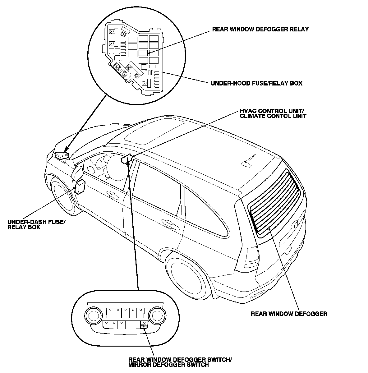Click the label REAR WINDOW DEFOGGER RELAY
(x=260, y=30)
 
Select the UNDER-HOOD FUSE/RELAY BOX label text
(x=256, y=83)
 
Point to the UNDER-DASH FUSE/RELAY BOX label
(x=36, y=224)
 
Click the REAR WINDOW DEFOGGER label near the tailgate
(x=289, y=314)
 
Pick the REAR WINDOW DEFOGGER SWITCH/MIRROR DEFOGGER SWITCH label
(x=180, y=362)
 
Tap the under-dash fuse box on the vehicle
(x=80, y=187)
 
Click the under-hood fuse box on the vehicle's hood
(x=61, y=154)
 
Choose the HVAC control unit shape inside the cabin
(x=126, y=159)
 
